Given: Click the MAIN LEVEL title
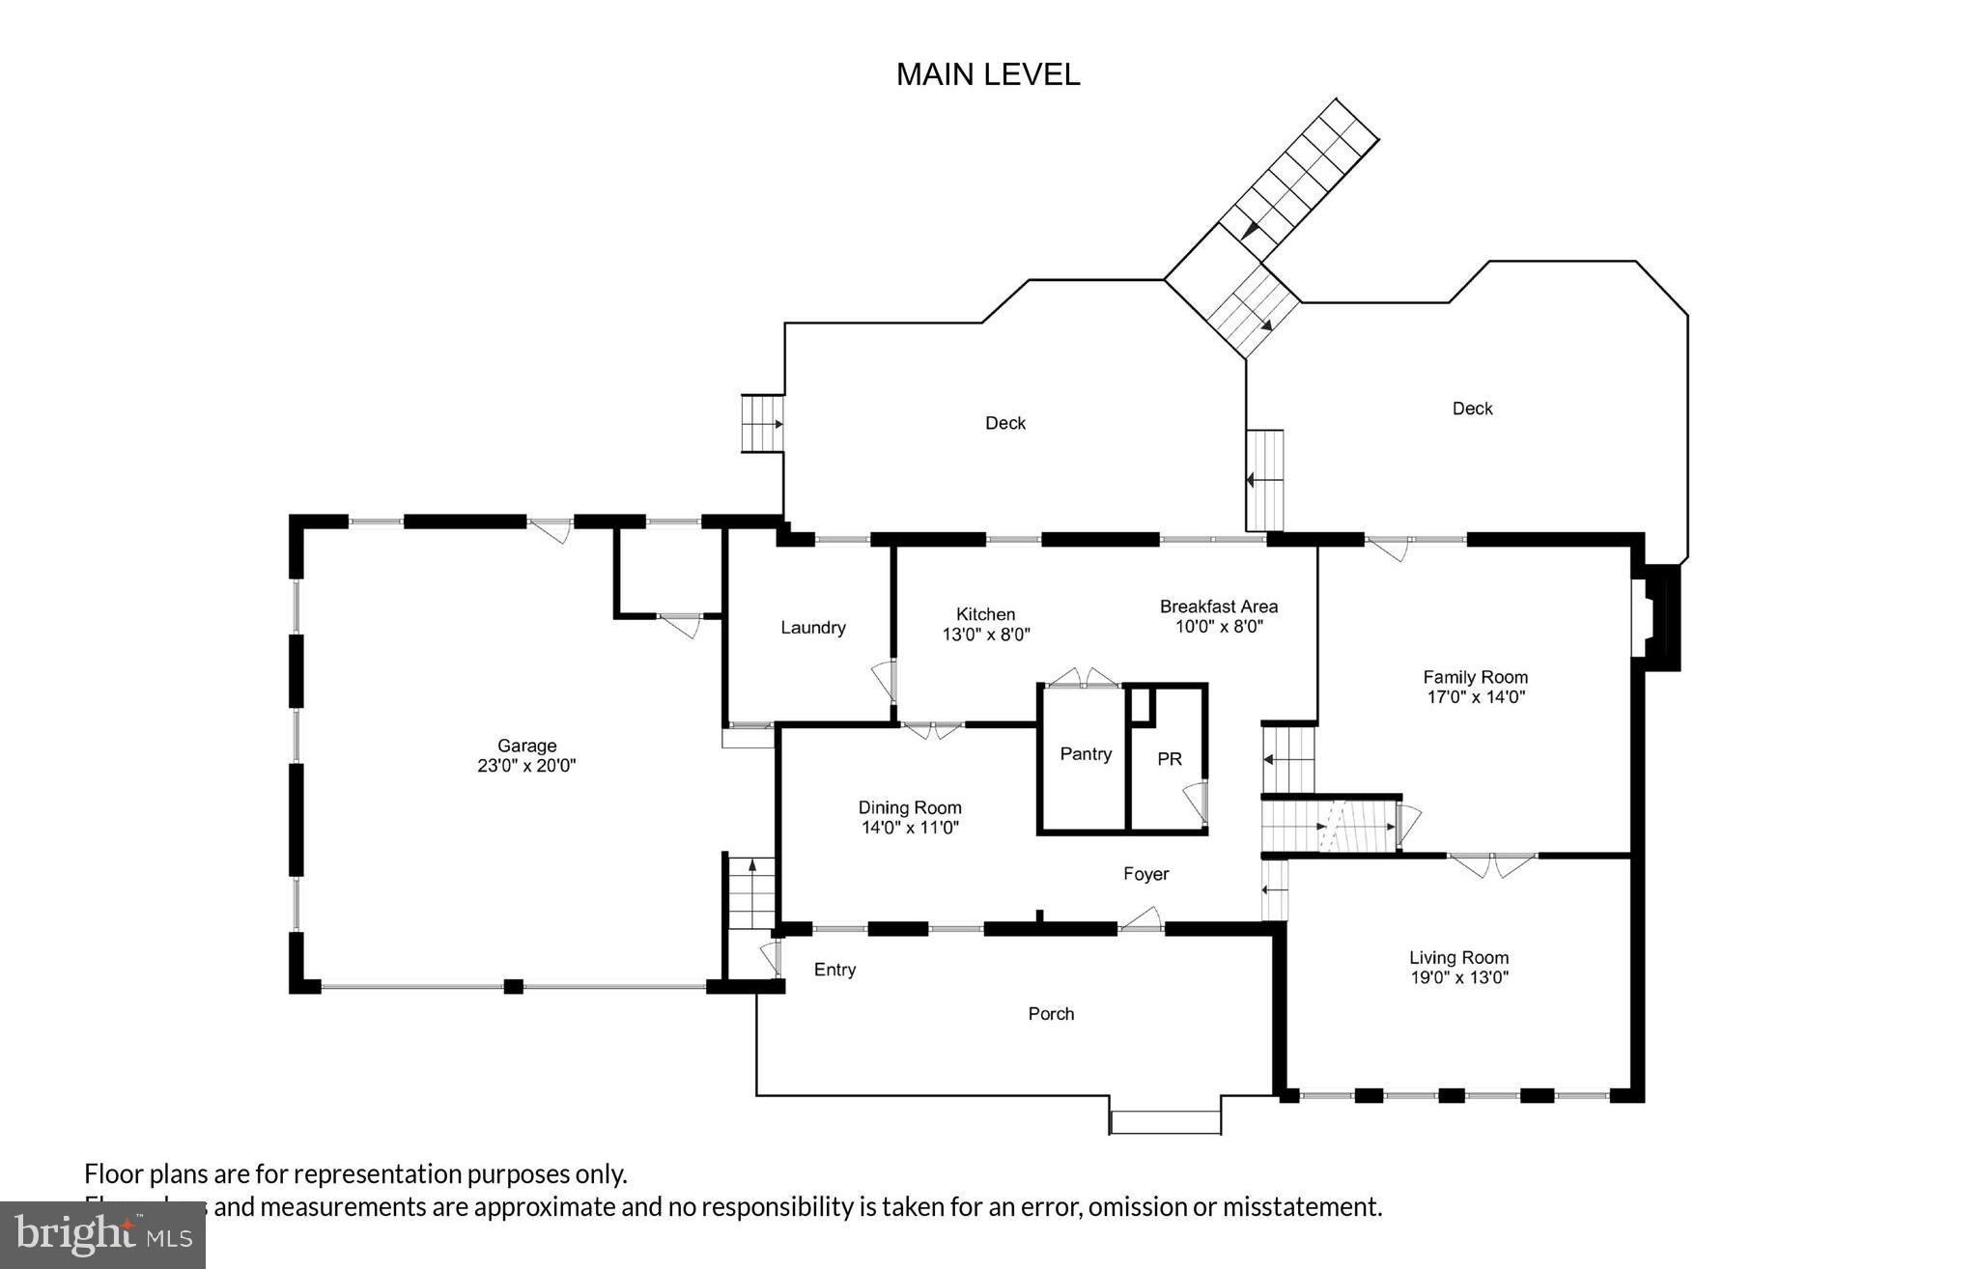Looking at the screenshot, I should point(987,74).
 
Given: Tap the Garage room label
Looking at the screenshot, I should point(526,746).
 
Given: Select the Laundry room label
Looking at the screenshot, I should point(812,628).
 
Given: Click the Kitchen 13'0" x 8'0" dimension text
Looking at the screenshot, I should point(986,634).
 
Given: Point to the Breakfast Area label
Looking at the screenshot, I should point(1218,606).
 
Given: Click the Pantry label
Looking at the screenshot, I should point(1085,754).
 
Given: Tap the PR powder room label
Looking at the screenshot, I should point(1169,759).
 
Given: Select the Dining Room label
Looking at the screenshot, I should point(909,807).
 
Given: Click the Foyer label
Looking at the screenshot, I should point(1145,874).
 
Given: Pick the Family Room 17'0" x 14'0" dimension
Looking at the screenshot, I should point(1475,697).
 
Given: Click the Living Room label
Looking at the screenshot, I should point(1457,957).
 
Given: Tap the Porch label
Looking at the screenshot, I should point(1050,1014).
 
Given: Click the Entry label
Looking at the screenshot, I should point(834,970).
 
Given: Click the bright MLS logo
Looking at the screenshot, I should point(101,1233).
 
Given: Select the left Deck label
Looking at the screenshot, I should point(1004,423).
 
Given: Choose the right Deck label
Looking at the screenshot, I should point(1472,409).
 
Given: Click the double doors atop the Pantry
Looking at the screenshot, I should point(1083,677).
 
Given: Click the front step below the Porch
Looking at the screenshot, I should point(1165,1122).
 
